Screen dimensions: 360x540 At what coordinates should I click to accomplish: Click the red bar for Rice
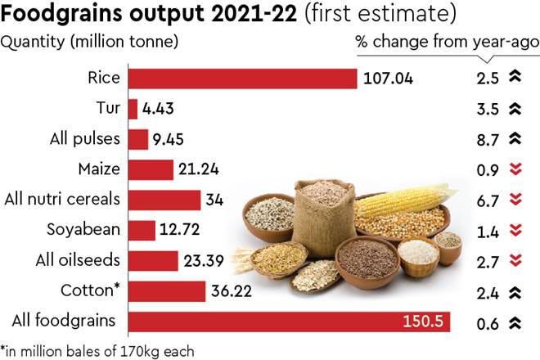242,79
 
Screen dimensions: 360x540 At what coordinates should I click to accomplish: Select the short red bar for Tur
133,109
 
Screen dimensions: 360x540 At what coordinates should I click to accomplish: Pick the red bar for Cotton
167,291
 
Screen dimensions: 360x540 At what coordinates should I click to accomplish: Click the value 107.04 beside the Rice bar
389,79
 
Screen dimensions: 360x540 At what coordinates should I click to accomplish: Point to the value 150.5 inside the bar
423,322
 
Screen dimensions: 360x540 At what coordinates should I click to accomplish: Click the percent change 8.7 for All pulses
488,139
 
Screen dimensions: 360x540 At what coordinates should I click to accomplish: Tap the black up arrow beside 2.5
515,79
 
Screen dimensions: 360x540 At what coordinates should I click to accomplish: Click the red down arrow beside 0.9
515,170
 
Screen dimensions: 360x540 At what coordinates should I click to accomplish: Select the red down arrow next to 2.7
515,261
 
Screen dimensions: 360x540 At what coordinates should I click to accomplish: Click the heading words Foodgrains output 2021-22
131,15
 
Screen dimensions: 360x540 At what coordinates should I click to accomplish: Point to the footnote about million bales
97,350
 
